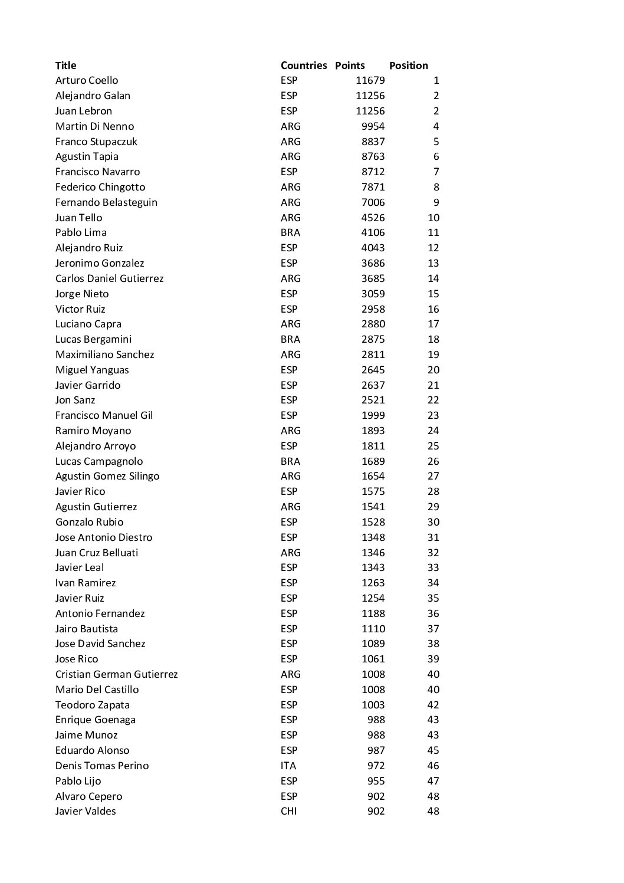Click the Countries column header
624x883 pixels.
click(x=303, y=65)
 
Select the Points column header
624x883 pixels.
click(x=350, y=65)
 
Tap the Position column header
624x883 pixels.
click(x=408, y=65)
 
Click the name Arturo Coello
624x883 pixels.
click(x=87, y=80)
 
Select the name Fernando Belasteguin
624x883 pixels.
click(x=106, y=202)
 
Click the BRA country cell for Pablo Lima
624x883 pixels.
click(x=290, y=232)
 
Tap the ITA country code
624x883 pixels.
click(x=288, y=766)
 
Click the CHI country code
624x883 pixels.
click(x=288, y=811)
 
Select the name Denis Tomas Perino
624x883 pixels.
click(x=102, y=766)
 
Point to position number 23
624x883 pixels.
click(x=433, y=415)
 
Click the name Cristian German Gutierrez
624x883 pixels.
click(x=116, y=674)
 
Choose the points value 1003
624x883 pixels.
click(x=373, y=705)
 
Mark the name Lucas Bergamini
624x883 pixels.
click(x=93, y=339)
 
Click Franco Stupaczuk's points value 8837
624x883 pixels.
click(x=373, y=142)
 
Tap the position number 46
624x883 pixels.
click(x=433, y=766)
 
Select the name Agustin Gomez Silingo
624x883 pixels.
click(x=107, y=476)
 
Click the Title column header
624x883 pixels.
click(x=65, y=65)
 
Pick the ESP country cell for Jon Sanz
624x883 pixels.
click(x=289, y=400)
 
